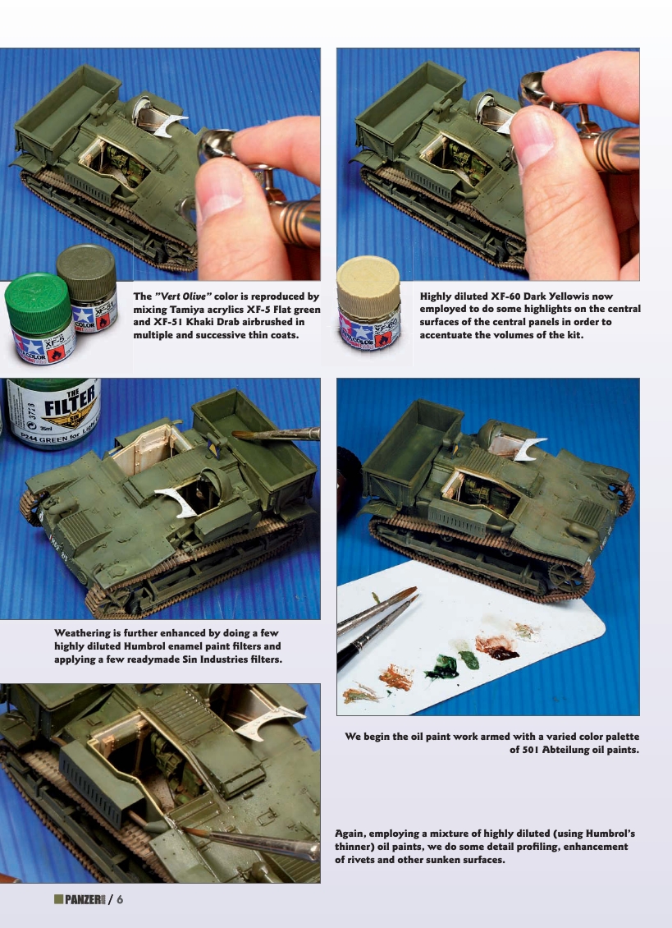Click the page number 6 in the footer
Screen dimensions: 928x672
pyautogui.click(x=120, y=899)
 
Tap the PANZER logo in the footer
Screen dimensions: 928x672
pyautogui.click(x=80, y=900)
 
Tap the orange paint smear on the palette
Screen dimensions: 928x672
pyautogui.click(x=395, y=677)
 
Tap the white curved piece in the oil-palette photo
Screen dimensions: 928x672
pyautogui.click(x=525, y=448)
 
